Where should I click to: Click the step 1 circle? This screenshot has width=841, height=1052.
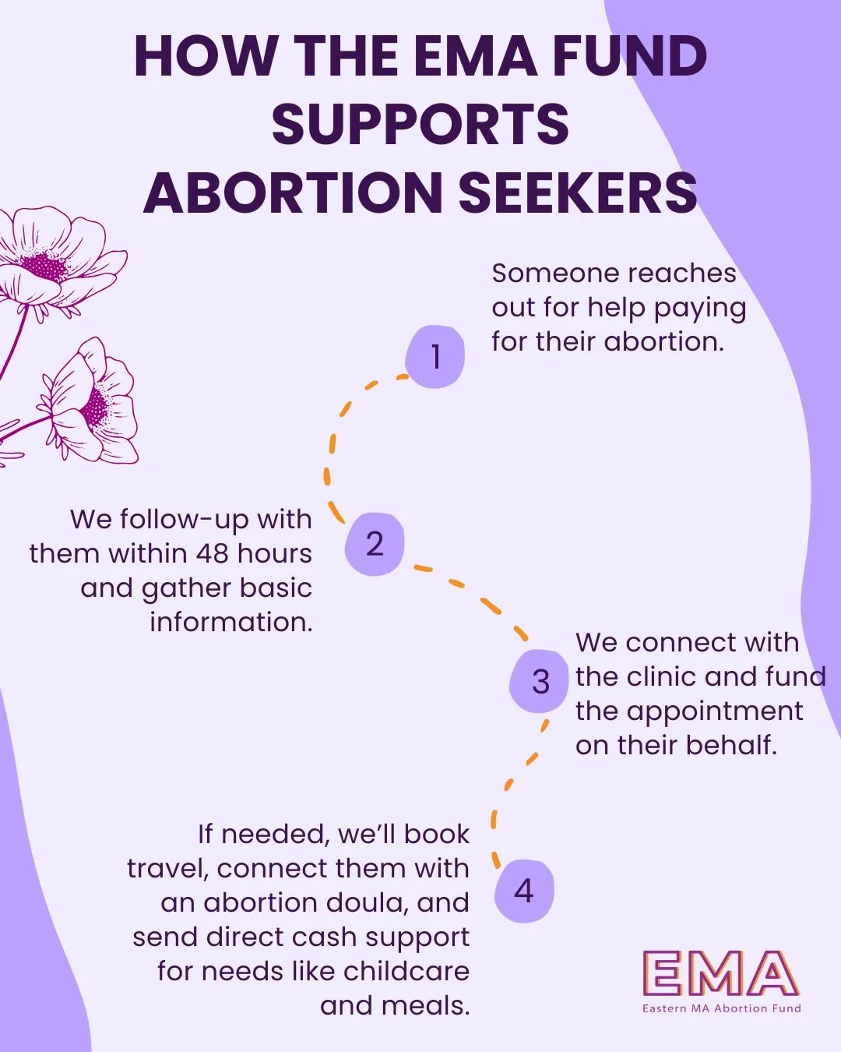pos(435,357)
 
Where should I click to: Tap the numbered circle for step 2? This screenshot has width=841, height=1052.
pos(375,544)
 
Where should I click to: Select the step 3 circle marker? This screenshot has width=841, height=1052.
pos(540,681)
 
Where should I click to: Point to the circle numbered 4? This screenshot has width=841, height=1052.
pos(524,891)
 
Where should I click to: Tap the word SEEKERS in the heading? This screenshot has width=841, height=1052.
pos(578,192)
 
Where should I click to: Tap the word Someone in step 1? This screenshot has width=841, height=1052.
pos(556,274)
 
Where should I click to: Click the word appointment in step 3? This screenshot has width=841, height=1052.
pos(715,712)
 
